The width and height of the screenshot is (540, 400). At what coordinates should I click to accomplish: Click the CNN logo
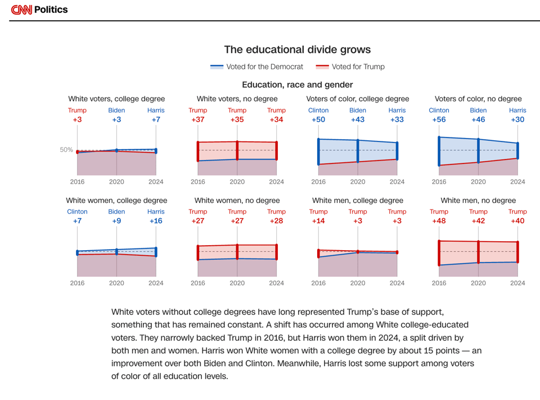click(21, 10)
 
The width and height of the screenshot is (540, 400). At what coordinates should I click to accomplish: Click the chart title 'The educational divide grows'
click(297, 50)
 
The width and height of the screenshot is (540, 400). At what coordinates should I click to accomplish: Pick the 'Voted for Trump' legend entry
click(350, 66)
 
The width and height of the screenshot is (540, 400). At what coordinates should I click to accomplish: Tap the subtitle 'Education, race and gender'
click(297, 85)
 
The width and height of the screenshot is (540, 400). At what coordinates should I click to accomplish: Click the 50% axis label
click(66, 150)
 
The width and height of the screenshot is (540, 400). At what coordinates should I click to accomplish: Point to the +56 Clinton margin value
click(439, 119)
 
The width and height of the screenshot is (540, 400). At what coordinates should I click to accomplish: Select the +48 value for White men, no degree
click(439, 221)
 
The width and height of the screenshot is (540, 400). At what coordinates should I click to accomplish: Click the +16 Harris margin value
click(156, 221)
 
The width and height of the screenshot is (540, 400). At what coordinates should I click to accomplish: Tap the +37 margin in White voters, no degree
click(197, 119)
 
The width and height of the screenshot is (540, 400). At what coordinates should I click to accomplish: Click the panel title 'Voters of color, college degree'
click(358, 99)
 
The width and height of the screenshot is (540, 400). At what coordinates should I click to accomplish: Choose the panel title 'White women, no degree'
click(237, 201)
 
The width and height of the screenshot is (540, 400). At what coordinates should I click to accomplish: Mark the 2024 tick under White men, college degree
click(397, 283)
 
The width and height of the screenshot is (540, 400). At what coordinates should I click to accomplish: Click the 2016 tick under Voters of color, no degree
click(439, 181)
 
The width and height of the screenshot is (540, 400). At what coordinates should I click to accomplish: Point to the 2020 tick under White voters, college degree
click(116, 181)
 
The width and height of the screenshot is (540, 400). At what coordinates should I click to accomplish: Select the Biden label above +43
click(358, 110)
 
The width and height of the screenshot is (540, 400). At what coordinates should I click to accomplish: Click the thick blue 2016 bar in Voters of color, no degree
click(439, 151)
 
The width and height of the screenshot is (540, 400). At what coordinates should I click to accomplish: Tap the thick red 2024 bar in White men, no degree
click(517, 252)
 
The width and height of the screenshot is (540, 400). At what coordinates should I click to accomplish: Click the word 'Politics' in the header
click(51, 10)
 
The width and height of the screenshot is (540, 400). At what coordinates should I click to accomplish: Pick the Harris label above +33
click(397, 110)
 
